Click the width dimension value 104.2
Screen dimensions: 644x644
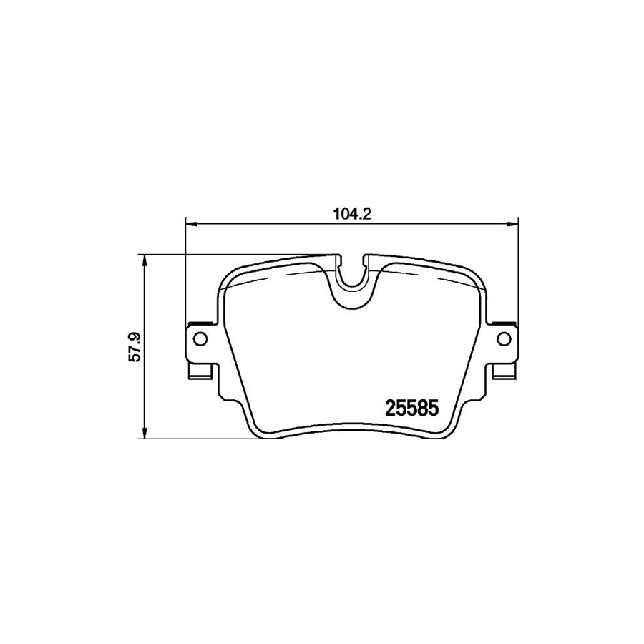[x=351, y=213]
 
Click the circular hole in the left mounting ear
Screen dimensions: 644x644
[x=200, y=338]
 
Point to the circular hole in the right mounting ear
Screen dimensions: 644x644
[x=503, y=338]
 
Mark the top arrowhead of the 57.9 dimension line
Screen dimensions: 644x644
[x=145, y=258]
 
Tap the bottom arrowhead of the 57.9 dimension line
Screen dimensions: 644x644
[x=145, y=434]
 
